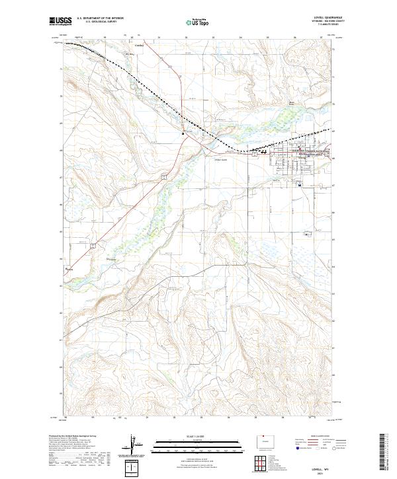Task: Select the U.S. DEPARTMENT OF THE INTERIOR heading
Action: click(100, 18)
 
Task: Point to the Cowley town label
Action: click(139, 46)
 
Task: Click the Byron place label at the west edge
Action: click(69, 269)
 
